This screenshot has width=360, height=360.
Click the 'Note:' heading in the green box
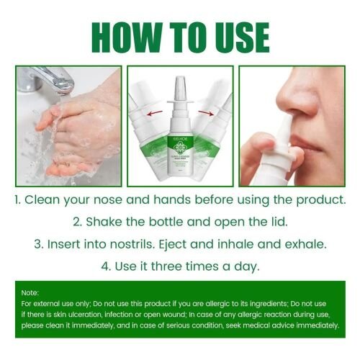pos(30,294)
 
